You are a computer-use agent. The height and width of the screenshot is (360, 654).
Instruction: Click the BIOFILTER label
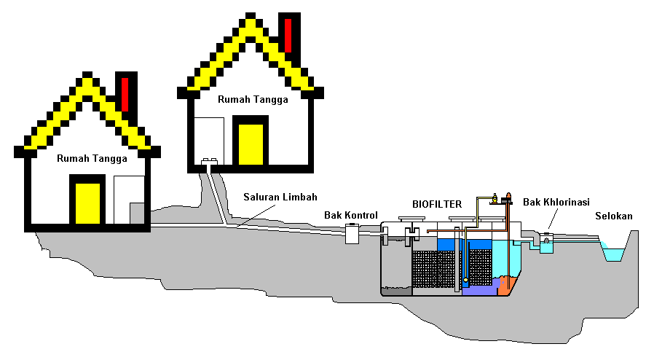[x=437, y=204]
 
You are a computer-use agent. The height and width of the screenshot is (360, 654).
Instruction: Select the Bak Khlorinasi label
[x=556, y=201]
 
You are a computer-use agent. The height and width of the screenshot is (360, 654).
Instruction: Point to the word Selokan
[x=614, y=216]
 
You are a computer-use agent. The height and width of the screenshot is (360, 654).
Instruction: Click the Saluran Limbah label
[x=280, y=197]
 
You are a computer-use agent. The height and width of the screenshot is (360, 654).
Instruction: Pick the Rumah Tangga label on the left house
[x=92, y=158]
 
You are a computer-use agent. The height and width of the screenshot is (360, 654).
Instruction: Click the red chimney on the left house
[x=125, y=93]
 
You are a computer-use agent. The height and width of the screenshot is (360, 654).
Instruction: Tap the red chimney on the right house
[x=288, y=34]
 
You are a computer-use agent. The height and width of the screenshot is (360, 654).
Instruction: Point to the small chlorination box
[x=545, y=243]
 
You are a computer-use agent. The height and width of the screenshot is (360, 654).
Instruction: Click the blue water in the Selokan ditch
[x=615, y=255]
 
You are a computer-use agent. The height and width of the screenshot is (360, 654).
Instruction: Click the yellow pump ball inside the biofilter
[x=465, y=280]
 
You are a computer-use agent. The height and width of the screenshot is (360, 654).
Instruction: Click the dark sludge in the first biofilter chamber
[x=396, y=291]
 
